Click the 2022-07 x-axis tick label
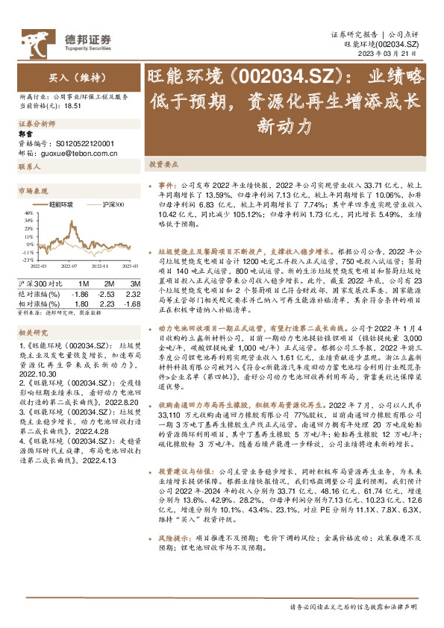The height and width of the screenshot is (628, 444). [69, 265]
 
